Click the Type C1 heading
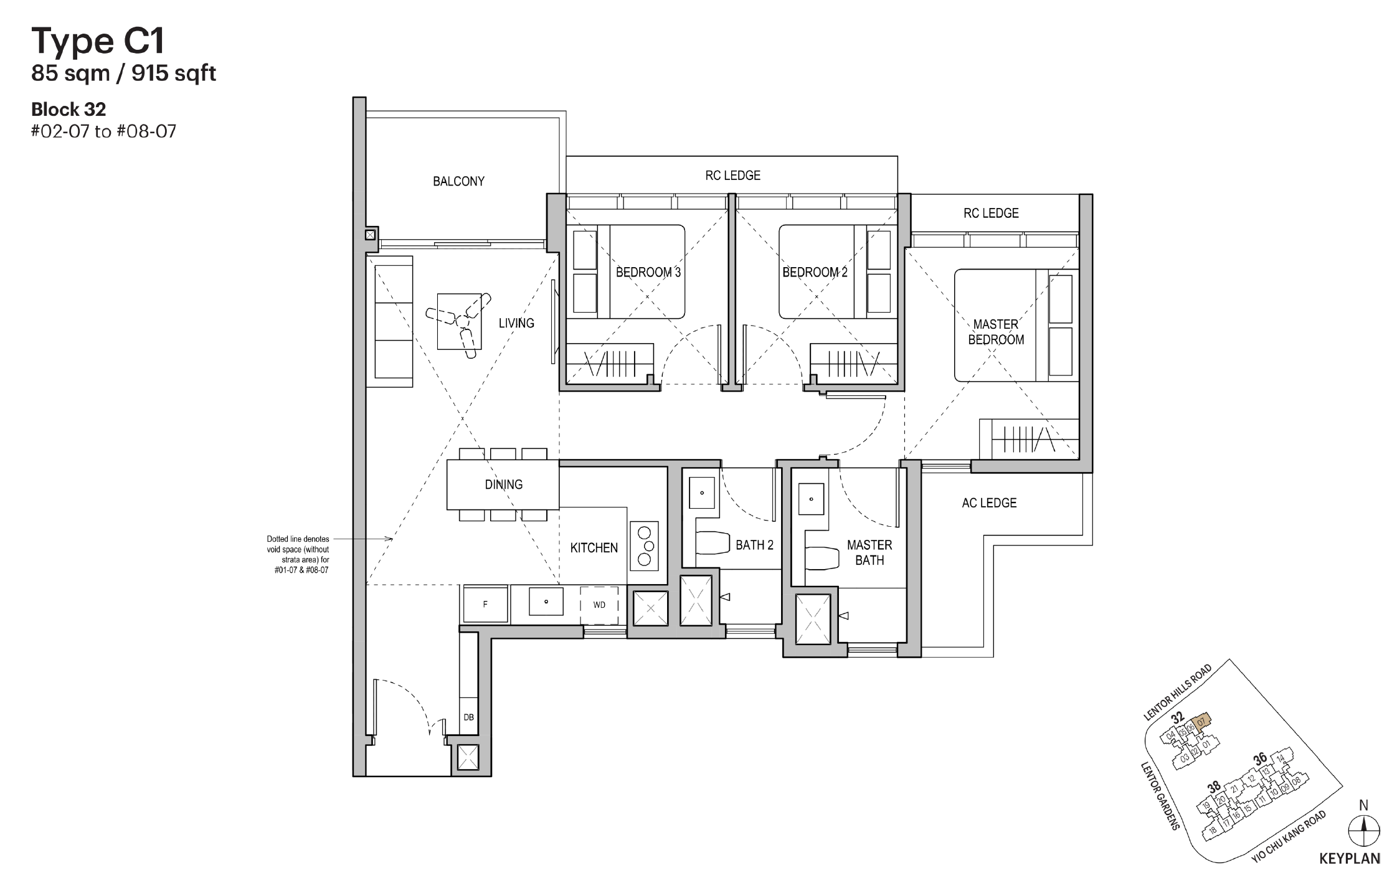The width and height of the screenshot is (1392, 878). [x=98, y=40]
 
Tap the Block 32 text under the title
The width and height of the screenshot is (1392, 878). [x=69, y=110]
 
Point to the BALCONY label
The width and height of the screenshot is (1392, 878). [x=458, y=181]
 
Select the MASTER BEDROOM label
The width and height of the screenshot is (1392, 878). [x=995, y=332]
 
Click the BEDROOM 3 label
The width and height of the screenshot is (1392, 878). [x=648, y=272]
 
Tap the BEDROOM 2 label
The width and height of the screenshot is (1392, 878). [x=815, y=272]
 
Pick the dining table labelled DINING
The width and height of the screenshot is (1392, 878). [x=503, y=484]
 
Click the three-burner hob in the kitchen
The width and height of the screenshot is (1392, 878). [x=644, y=545]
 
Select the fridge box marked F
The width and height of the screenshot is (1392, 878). [x=485, y=604]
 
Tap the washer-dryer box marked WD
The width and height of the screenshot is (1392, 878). [x=599, y=605]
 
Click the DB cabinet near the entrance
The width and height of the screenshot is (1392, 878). [x=468, y=717]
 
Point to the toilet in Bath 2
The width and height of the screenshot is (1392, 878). [x=712, y=543]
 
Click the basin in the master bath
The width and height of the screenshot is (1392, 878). [x=811, y=499]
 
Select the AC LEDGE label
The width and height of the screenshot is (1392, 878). [x=988, y=503]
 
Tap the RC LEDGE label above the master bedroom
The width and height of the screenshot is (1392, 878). [x=990, y=213]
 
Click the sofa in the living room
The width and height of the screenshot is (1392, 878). [x=393, y=321]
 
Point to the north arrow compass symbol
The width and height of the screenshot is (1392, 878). [x=1363, y=831]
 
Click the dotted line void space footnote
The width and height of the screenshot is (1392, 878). [x=298, y=554]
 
